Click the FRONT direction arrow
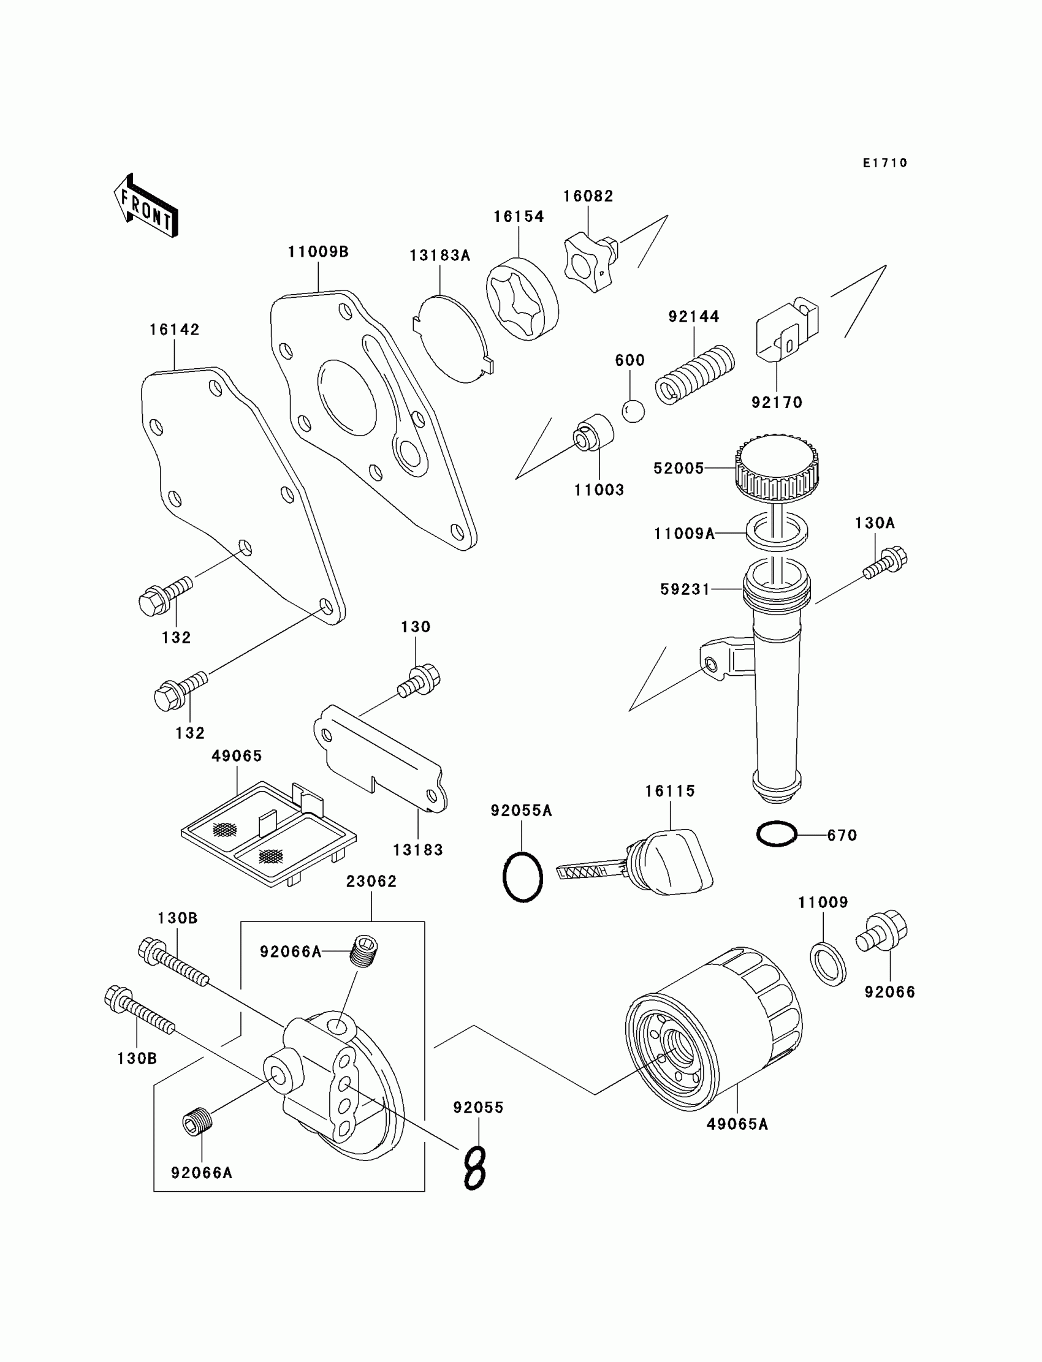coord(146,206)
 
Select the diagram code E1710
coord(885,163)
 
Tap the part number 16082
coord(588,197)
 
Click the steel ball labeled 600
coord(633,411)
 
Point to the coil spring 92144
coord(694,374)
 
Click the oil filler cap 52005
coord(777,466)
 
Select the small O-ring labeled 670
coord(776,834)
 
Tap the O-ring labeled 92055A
coord(522,877)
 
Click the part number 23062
coord(371,881)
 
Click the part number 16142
coord(174,330)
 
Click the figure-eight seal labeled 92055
coord(475,1168)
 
